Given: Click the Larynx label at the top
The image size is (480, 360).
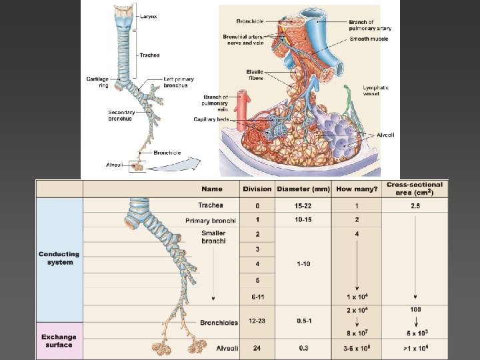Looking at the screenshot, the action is [x=149, y=16].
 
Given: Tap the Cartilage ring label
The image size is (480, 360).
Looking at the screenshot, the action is [x=97, y=82].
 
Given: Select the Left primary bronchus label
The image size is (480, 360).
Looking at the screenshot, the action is [x=179, y=82].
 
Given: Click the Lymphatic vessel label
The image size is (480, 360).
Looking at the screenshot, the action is [x=376, y=91].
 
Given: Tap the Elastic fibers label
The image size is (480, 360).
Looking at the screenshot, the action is [x=255, y=75].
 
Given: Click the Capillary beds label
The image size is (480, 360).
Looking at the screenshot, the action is [x=211, y=119].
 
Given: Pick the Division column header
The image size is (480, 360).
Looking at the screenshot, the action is [x=257, y=189].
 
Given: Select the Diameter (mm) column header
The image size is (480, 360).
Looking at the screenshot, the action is [x=303, y=189].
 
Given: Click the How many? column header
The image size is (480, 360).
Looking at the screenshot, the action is [x=357, y=189].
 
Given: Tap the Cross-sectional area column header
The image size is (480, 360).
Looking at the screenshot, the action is [x=415, y=188].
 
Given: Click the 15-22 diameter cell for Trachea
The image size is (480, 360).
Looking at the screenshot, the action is [x=303, y=205].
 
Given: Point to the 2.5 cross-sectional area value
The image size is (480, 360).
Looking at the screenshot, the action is [x=415, y=205].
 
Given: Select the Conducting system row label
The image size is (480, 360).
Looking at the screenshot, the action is [x=59, y=258].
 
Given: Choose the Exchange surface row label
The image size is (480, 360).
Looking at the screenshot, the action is [x=59, y=341].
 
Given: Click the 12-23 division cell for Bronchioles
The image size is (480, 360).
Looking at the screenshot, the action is [x=257, y=321].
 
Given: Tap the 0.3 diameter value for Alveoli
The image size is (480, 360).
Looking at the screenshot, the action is [x=303, y=348].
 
